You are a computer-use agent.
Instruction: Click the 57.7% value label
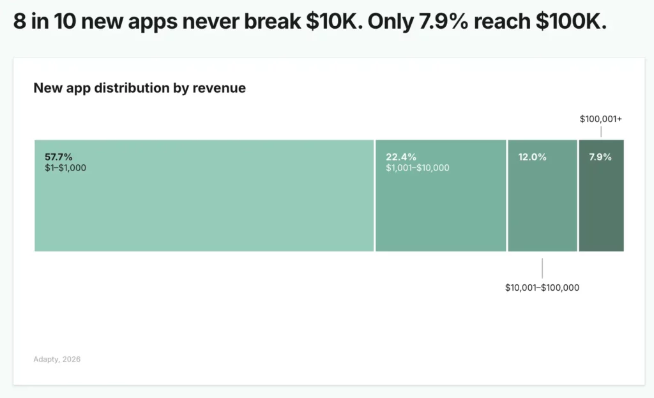(58, 157)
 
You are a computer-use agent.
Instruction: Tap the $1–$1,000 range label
(65, 168)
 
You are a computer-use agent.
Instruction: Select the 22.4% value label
(400, 157)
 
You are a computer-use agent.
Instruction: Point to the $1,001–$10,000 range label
(417, 168)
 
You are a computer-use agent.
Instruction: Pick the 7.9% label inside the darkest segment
(600, 157)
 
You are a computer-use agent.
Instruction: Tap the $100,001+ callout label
(600, 119)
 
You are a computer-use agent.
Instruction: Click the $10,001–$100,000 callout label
(542, 287)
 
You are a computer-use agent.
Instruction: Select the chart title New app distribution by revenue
(139, 88)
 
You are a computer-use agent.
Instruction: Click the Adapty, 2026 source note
(57, 359)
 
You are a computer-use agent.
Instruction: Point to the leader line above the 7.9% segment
(601, 132)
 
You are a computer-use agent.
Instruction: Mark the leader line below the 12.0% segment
(542, 268)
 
